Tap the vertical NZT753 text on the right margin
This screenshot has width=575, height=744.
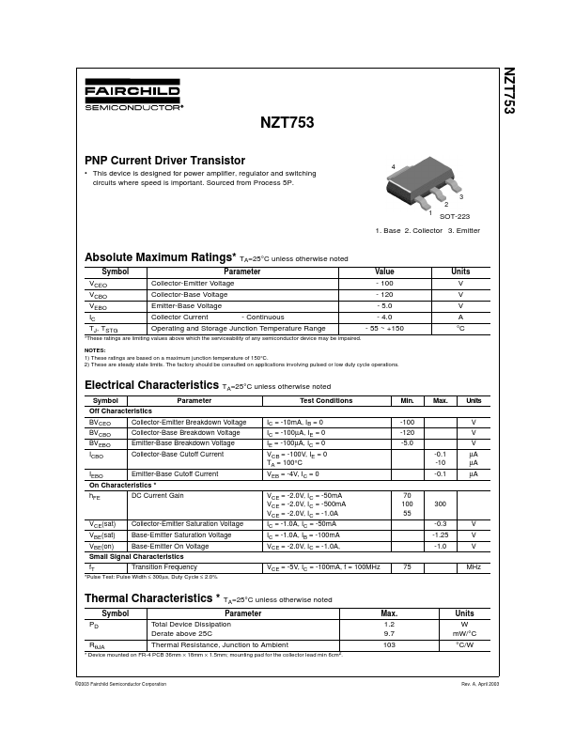click(x=508, y=90)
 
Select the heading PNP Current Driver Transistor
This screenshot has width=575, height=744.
click(x=165, y=161)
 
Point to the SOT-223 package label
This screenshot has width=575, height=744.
click(x=455, y=216)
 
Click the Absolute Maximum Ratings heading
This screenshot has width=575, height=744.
click(x=160, y=256)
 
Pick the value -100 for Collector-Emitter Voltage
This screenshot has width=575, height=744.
click(x=384, y=283)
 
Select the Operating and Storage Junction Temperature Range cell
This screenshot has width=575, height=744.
click(x=238, y=328)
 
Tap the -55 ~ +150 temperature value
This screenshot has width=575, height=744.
click(x=385, y=328)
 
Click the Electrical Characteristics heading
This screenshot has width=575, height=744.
click(x=151, y=385)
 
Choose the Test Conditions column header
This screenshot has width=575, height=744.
click(x=327, y=401)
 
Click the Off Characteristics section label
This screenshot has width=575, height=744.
click(x=120, y=411)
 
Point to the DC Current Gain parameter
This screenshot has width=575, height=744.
click(x=158, y=495)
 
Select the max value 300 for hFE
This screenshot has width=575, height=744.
click(x=440, y=504)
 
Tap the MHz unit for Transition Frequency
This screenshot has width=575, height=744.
click(x=474, y=567)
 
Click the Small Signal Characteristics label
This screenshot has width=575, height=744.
click(x=137, y=557)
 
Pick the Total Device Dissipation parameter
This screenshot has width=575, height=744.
click(x=191, y=624)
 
